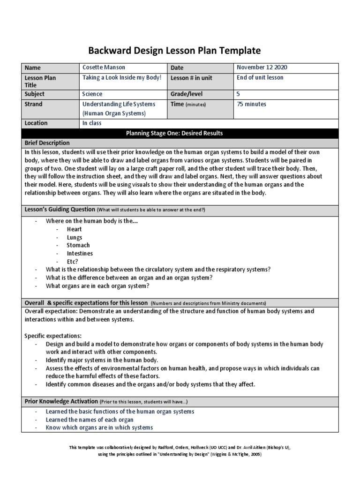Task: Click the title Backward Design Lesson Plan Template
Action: pos(174,51)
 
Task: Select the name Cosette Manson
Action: pos(104,68)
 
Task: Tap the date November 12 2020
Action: pos(262,68)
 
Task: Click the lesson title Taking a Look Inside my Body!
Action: pos(122,77)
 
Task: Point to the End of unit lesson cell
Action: pos(261,77)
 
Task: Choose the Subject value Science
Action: pos(92,94)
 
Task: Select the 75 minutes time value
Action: pos(252,104)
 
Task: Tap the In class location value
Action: pos(92,123)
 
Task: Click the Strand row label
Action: pos(33,104)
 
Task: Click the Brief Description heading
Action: pos(47,143)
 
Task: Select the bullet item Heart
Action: pos(74,229)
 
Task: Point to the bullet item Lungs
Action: pos(74,238)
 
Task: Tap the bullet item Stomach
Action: pos(78,245)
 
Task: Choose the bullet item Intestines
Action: pos(80,254)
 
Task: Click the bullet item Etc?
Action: pos(73,262)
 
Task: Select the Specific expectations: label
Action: pos(52,336)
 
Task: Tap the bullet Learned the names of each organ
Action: pos(89,420)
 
